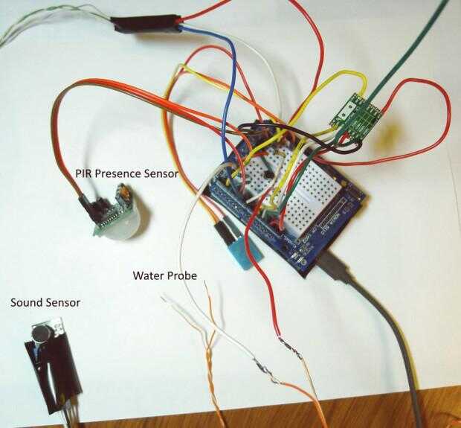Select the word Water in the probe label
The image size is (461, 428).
click(x=147, y=275)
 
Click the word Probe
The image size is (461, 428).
click(x=182, y=275)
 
